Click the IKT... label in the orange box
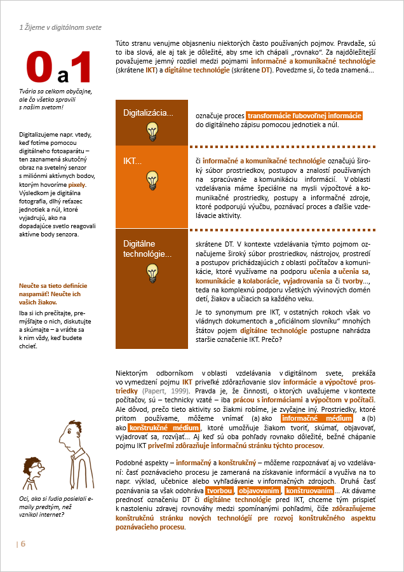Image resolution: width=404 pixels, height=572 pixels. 132,161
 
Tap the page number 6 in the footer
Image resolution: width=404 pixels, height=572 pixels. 23,544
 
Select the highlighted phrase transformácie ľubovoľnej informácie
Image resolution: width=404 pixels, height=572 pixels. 304,116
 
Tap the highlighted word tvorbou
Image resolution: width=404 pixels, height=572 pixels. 219,491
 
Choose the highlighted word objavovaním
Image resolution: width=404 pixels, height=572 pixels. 259,491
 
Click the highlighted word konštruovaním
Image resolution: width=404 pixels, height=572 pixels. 309,491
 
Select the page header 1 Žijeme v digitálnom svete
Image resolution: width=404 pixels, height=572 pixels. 60,28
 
